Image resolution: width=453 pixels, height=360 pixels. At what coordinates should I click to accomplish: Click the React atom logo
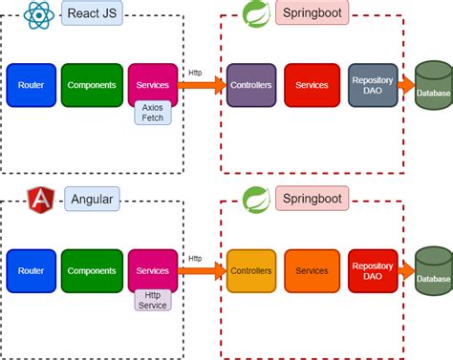(x=38, y=14)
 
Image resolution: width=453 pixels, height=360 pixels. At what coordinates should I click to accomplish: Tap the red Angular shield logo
(x=41, y=200)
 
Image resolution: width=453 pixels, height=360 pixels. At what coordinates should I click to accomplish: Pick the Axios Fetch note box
(x=153, y=114)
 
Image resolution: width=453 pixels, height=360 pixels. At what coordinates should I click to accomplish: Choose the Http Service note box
(x=153, y=299)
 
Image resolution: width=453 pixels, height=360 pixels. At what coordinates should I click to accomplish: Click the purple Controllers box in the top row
(x=252, y=86)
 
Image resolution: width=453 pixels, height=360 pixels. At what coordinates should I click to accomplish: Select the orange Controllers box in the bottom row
(x=252, y=271)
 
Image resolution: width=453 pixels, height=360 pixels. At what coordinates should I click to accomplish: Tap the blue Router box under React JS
(x=31, y=86)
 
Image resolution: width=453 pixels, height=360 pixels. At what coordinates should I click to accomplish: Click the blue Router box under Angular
(x=31, y=271)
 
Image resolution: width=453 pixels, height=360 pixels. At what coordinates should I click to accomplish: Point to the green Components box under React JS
(x=92, y=86)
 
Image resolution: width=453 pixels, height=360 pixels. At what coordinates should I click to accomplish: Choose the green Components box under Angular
(x=92, y=271)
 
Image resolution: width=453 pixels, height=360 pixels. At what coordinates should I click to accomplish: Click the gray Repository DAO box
(x=373, y=86)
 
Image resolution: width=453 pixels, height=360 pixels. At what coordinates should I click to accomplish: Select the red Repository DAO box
(x=373, y=271)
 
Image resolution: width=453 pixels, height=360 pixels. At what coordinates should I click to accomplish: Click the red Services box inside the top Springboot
(x=312, y=86)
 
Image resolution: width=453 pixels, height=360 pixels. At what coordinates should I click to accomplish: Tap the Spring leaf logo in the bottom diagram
(x=254, y=200)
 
